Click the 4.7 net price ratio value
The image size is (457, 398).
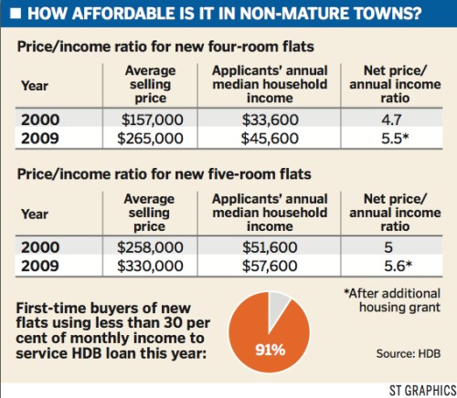click(392, 119)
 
